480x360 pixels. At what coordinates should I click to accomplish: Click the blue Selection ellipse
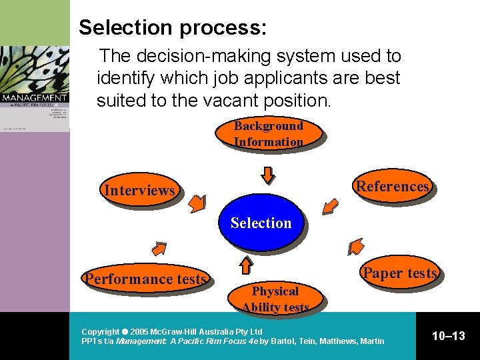pyautogui.click(x=261, y=223)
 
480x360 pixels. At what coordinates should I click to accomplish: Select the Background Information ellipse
pyautogui.click(x=268, y=133)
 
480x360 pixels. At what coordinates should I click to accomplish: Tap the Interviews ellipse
pyautogui.click(x=139, y=191)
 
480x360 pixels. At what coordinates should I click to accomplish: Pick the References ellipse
pyautogui.click(x=393, y=186)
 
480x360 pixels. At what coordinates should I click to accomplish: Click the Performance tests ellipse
pyautogui.click(x=145, y=279)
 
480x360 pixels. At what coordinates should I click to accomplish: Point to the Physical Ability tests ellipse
pyautogui.click(x=275, y=299)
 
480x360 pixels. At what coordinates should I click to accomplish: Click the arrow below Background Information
pyautogui.click(x=267, y=175)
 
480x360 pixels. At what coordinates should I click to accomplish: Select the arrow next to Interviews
pyautogui.click(x=197, y=204)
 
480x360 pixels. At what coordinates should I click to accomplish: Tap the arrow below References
pyautogui.click(x=329, y=207)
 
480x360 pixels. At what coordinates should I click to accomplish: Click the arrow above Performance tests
pyautogui.click(x=159, y=249)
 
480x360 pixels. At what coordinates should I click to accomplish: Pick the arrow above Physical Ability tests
pyautogui.click(x=246, y=265)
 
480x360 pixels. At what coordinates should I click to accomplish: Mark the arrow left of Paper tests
pyautogui.click(x=356, y=247)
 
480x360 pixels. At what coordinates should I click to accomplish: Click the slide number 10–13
pyautogui.click(x=448, y=336)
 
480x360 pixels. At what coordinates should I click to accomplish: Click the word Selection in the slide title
pyautogui.click(x=125, y=27)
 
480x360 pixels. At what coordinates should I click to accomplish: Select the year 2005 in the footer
pyautogui.click(x=140, y=331)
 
